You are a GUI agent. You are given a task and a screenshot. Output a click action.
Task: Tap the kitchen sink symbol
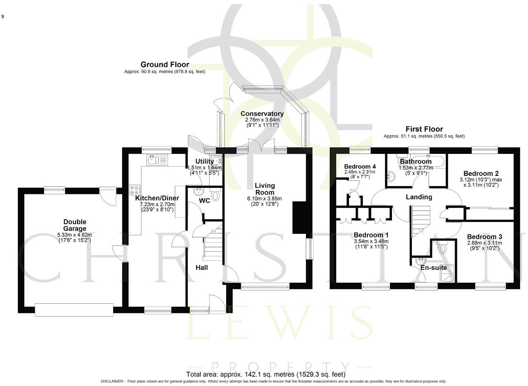[157, 160]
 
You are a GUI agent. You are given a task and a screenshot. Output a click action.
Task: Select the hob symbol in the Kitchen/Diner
[134, 190]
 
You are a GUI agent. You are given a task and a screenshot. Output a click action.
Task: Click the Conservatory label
[262, 114]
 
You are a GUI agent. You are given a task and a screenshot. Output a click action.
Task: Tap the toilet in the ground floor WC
[215, 195]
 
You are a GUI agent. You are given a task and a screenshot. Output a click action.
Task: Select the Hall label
[201, 268]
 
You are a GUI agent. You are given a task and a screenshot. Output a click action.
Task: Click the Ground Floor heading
[165, 65]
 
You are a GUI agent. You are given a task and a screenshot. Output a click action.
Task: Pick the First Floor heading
[424, 129]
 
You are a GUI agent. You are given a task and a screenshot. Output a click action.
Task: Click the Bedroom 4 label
[360, 166]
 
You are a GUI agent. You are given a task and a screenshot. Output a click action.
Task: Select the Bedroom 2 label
[481, 174]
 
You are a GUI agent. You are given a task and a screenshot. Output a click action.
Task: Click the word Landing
[419, 197]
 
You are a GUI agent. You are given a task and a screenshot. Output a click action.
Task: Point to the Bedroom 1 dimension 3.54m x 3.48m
[371, 241]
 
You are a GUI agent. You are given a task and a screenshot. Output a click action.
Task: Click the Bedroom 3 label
[484, 237]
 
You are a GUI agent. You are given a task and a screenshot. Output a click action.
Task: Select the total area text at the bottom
[265, 374]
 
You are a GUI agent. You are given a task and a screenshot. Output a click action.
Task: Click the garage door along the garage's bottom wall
[74, 310]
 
